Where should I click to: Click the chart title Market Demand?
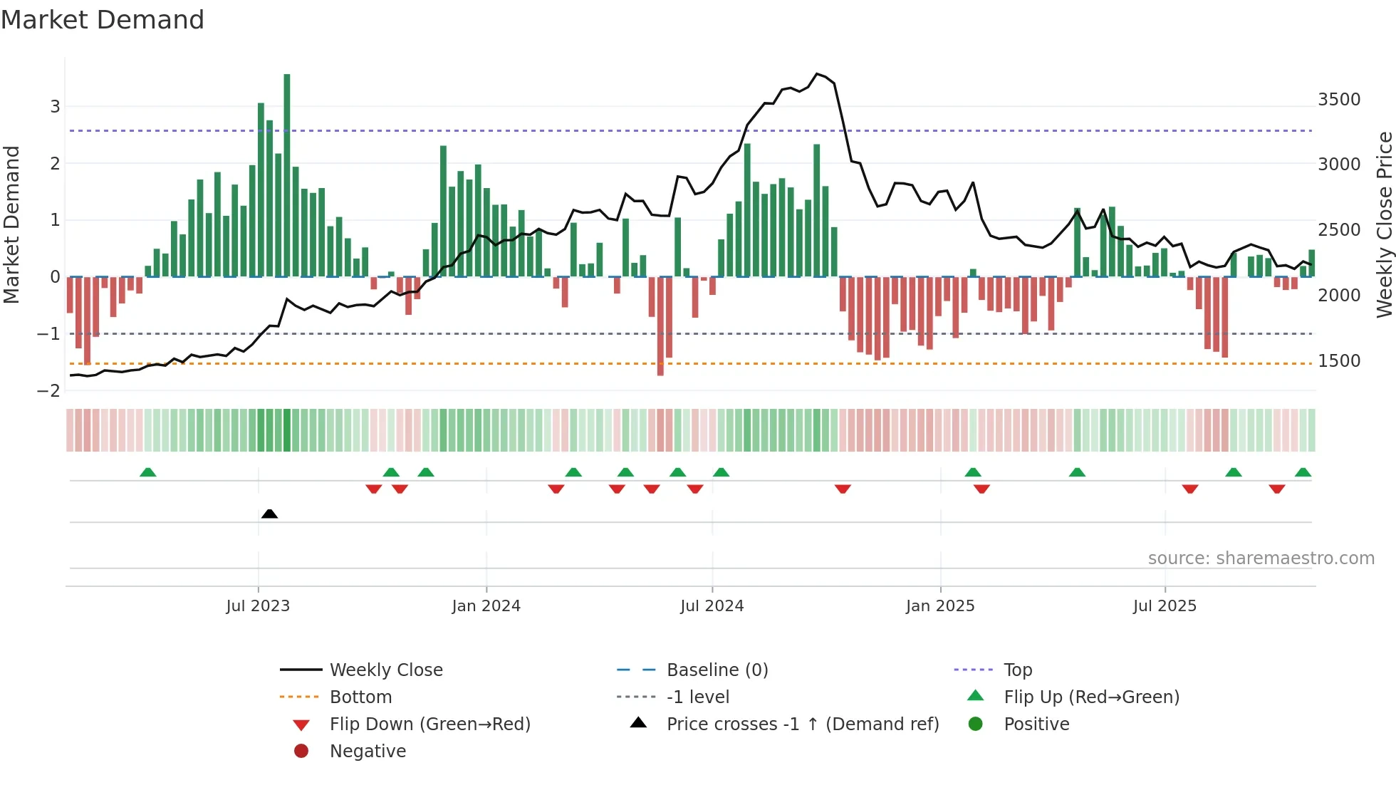coord(103,20)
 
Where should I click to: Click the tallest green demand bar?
coord(287,175)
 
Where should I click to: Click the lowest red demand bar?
coord(660,326)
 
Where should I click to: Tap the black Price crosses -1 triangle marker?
coord(269,514)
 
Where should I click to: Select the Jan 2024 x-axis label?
coord(486,606)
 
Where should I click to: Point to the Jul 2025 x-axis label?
coord(1165,606)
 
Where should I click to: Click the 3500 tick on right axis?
coord(1338,100)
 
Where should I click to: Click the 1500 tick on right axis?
coord(1338,361)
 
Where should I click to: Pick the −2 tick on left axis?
coord(48,391)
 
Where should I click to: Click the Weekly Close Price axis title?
coord(1384,224)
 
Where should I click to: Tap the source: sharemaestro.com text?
coord(1261,558)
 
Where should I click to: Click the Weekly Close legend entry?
coord(385,670)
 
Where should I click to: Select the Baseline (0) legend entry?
coord(717,670)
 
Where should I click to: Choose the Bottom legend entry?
coord(360,697)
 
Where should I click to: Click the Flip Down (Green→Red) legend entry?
coord(429,724)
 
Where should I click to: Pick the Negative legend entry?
coord(368,752)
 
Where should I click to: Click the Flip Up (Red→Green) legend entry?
coord(1091,697)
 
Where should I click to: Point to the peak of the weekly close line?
coord(817,73)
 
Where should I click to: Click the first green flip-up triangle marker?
coord(148,472)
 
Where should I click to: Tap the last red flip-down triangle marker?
coord(1276,489)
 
